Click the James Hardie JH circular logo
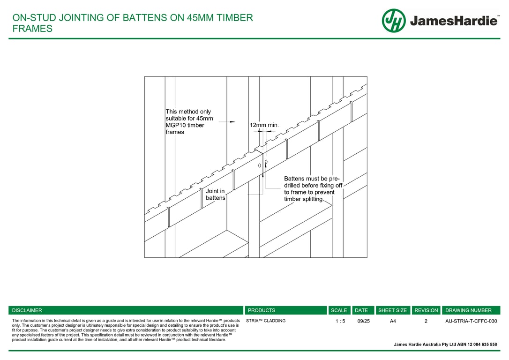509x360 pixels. [x=393, y=21]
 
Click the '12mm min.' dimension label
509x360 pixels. [x=264, y=125]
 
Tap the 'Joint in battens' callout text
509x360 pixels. [x=215, y=195]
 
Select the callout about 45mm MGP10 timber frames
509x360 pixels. [x=189, y=122]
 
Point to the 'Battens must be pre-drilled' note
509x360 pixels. [x=313, y=188]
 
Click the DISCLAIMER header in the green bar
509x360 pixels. [x=27, y=310]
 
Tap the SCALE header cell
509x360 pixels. [x=339, y=310]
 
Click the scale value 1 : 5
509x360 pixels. [x=340, y=321]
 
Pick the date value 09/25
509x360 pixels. [x=363, y=321]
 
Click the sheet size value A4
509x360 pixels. [x=393, y=321]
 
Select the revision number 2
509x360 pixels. [x=426, y=321]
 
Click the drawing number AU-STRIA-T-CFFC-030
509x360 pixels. [x=471, y=321]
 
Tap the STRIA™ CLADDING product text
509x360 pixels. [x=266, y=321]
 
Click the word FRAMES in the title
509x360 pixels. [x=32, y=29]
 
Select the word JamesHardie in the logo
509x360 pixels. [x=454, y=21]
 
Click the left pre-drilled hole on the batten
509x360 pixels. [x=259, y=165]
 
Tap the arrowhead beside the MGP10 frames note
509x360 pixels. [x=232, y=122]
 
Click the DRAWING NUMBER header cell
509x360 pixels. [x=468, y=310]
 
